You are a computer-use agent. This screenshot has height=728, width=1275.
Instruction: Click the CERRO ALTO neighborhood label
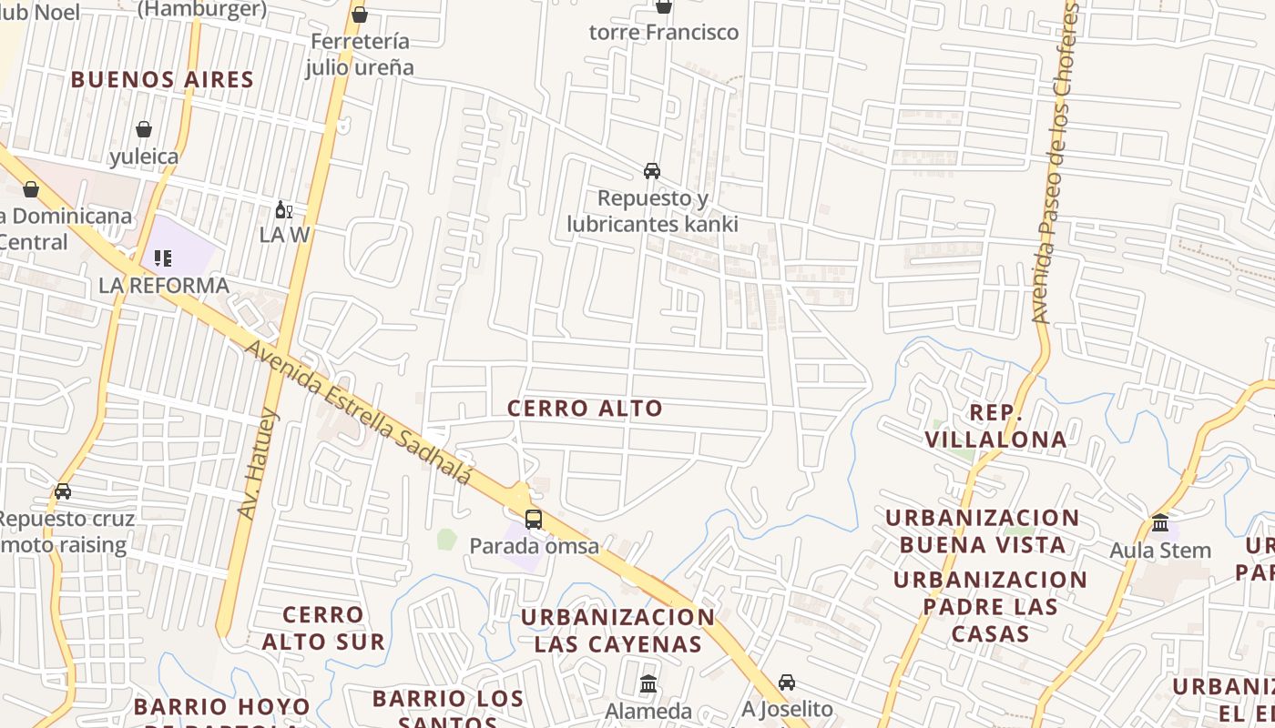585,409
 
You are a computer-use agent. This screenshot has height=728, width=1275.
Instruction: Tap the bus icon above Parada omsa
534,520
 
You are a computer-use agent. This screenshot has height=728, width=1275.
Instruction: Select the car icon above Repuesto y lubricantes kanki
652,171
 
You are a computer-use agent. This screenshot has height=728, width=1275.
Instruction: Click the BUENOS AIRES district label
162,79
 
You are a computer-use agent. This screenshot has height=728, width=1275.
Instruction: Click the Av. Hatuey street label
258,464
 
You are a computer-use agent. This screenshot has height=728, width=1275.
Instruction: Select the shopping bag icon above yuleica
144,129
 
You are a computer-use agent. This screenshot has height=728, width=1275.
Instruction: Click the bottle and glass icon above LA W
284,210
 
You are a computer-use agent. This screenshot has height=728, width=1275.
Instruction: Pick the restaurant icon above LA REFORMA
163,258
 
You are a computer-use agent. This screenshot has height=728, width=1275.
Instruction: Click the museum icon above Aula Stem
1160,523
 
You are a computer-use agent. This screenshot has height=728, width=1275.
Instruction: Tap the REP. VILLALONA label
995,426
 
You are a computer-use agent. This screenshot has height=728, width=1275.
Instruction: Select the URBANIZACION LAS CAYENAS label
617,631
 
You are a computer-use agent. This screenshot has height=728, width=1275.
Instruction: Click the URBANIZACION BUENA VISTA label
983,531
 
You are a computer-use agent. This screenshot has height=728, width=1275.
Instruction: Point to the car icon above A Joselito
787,682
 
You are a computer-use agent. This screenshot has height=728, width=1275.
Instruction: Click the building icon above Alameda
648,683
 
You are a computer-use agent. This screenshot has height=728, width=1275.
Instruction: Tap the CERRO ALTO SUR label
323,628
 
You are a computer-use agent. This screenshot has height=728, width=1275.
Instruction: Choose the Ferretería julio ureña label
360,55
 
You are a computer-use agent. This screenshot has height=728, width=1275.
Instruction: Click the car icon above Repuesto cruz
63,491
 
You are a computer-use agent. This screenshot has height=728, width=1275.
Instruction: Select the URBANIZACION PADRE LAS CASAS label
990,606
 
